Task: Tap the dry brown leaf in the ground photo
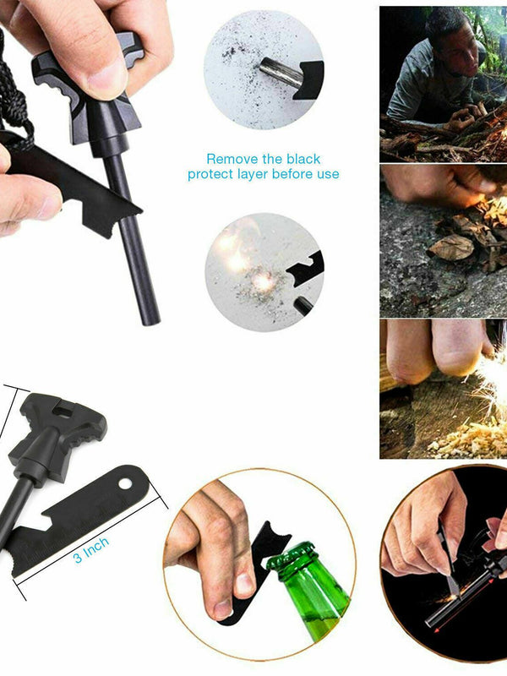pyautogui.click(x=452, y=247)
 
